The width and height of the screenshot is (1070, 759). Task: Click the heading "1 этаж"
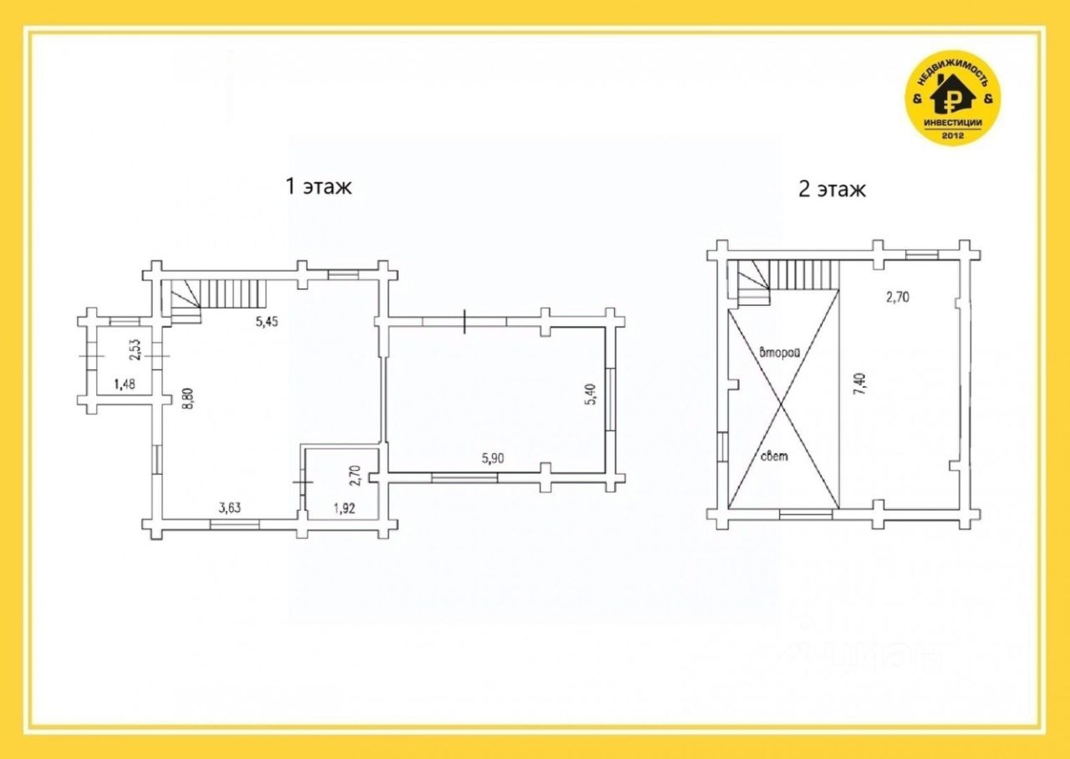(318, 186)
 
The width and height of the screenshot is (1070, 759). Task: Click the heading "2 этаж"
(832, 189)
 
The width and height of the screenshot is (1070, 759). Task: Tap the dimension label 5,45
(267, 322)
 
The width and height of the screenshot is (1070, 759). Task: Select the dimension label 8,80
(189, 397)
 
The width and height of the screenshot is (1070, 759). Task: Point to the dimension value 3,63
(230, 507)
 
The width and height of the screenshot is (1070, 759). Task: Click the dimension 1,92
(344, 508)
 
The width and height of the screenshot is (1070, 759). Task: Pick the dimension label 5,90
(493, 458)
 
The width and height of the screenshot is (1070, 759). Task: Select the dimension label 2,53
(136, 349)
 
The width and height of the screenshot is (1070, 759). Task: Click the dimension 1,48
(125, 384)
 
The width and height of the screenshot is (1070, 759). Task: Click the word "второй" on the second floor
(780, 354)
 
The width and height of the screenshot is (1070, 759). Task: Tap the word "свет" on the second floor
(774, 456)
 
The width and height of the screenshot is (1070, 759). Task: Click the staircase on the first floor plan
(214, 300)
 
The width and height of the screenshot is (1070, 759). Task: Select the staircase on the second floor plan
(788, 282)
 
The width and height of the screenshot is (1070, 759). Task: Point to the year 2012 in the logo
(953, 135)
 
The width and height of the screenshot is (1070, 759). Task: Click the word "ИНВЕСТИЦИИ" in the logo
(953, 123)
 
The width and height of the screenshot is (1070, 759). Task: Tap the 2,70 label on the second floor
(898, 297)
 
